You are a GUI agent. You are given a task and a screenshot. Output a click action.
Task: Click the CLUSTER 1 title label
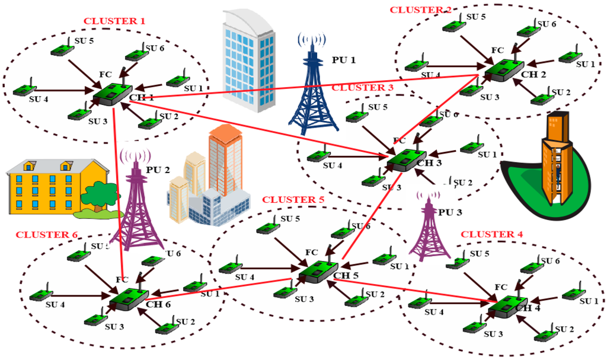click(114, 21)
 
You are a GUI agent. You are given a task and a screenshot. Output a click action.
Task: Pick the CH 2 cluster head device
click(503, 70)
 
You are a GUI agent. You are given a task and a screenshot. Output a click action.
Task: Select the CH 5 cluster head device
click(318, 271)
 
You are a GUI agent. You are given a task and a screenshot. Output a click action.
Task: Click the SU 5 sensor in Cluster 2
click(454, 26)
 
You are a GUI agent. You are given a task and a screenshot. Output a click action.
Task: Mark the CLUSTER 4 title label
click(491, 234)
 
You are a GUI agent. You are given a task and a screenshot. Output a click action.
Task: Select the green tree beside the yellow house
click(101, 196)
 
